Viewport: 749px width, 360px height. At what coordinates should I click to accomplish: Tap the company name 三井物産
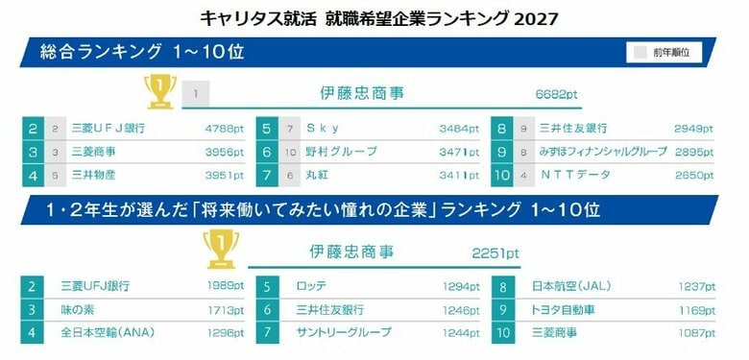pos(93,176)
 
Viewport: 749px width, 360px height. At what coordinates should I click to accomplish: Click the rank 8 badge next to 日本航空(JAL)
pos(503,286)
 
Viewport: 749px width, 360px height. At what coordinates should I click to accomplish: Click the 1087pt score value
pos(696,333)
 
